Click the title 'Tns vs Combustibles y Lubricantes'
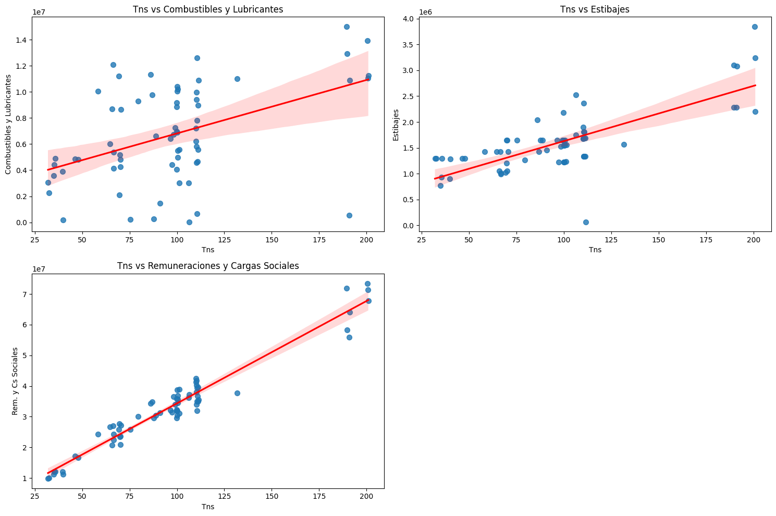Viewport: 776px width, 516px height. [208, 9]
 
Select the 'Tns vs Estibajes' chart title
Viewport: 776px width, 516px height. [595, 9]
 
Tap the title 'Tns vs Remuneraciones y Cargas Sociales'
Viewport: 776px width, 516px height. [208, 266]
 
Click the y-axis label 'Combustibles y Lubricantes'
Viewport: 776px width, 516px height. [8, 124]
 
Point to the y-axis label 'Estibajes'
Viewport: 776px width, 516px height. [396, 125]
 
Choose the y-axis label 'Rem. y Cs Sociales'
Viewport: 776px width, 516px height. [15, 381]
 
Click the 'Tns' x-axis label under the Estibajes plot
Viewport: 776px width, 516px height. [595, 250]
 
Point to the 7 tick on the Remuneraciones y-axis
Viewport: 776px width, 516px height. [24, 294]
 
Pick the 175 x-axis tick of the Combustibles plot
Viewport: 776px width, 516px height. [319, 240]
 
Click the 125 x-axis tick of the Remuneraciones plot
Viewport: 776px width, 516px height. [224, 497]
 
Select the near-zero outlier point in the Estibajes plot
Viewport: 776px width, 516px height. [586, 222]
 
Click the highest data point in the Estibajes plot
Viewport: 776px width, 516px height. [755, 27]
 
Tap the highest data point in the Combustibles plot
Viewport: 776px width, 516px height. [347, 27]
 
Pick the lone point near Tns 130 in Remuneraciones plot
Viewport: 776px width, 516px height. [237, 393]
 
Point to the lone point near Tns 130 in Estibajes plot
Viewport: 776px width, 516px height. [624, 144]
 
